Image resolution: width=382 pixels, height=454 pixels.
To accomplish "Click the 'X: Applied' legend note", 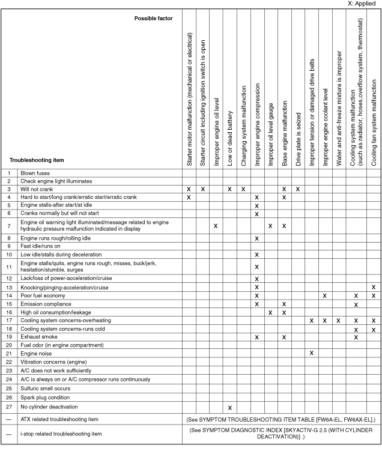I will point(363,4).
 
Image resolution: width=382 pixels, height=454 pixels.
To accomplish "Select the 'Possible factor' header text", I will point(153,19).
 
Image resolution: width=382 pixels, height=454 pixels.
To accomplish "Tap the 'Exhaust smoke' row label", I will point(40,337).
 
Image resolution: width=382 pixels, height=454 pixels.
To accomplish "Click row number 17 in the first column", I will point(10,321).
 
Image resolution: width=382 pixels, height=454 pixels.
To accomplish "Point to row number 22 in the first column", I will point(10,362).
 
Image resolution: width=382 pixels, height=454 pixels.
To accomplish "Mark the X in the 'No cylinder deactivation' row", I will point(230,407).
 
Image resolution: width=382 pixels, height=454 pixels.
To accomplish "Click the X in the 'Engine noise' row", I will point(312,354).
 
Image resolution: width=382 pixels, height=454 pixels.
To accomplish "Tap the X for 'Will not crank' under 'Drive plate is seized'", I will point(298,189).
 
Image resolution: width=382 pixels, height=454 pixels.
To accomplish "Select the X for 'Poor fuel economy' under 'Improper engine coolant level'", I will point(325,295).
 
